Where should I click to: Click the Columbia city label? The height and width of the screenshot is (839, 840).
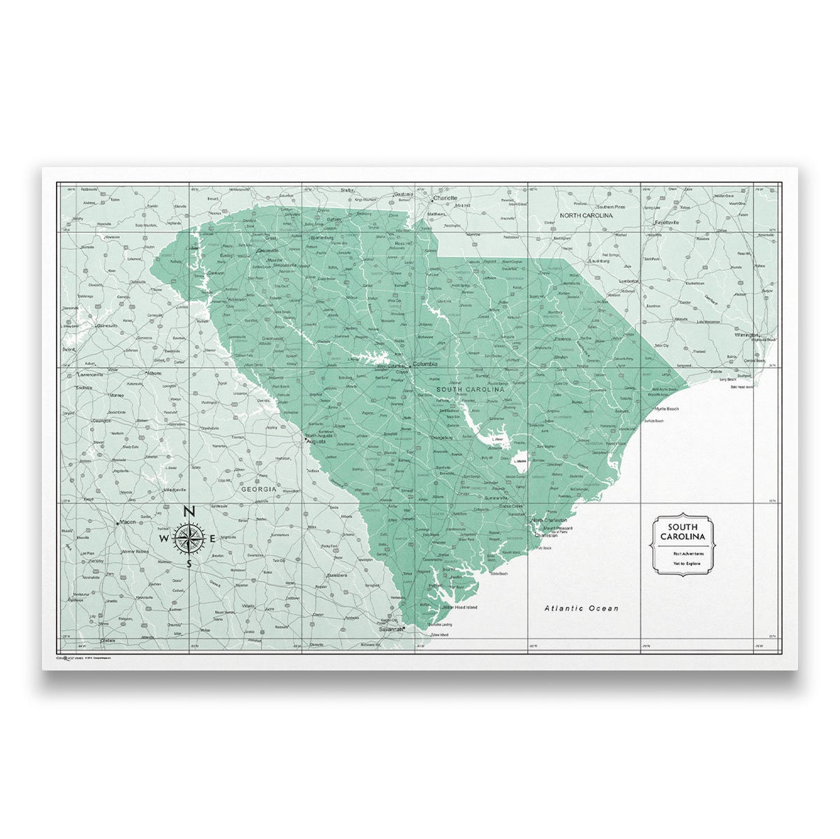click(x=425, y=365)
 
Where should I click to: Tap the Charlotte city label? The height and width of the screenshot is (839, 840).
click(x=446, y=198)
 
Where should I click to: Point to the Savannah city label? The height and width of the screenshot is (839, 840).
click(x=391, y=630)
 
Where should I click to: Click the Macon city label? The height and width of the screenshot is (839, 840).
click(x=128, y=522)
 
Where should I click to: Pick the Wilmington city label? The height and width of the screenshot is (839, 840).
click(x=746, y=334)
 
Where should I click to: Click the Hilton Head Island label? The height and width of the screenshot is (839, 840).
click(x=460, y=607)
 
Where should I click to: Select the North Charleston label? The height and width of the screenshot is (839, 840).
click(x=548, y=521)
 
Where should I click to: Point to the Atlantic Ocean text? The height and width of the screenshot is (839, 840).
click(x=581, y=608)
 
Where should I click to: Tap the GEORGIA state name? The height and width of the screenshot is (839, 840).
click(x=259, y=489)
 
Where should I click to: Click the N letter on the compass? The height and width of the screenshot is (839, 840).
click(x=189, y=511)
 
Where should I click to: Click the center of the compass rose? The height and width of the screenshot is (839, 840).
click(x=189, y=538)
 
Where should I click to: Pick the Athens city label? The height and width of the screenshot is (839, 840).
click(x=153, y=373)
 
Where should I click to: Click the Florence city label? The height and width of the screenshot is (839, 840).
click(x=563, y=340)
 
